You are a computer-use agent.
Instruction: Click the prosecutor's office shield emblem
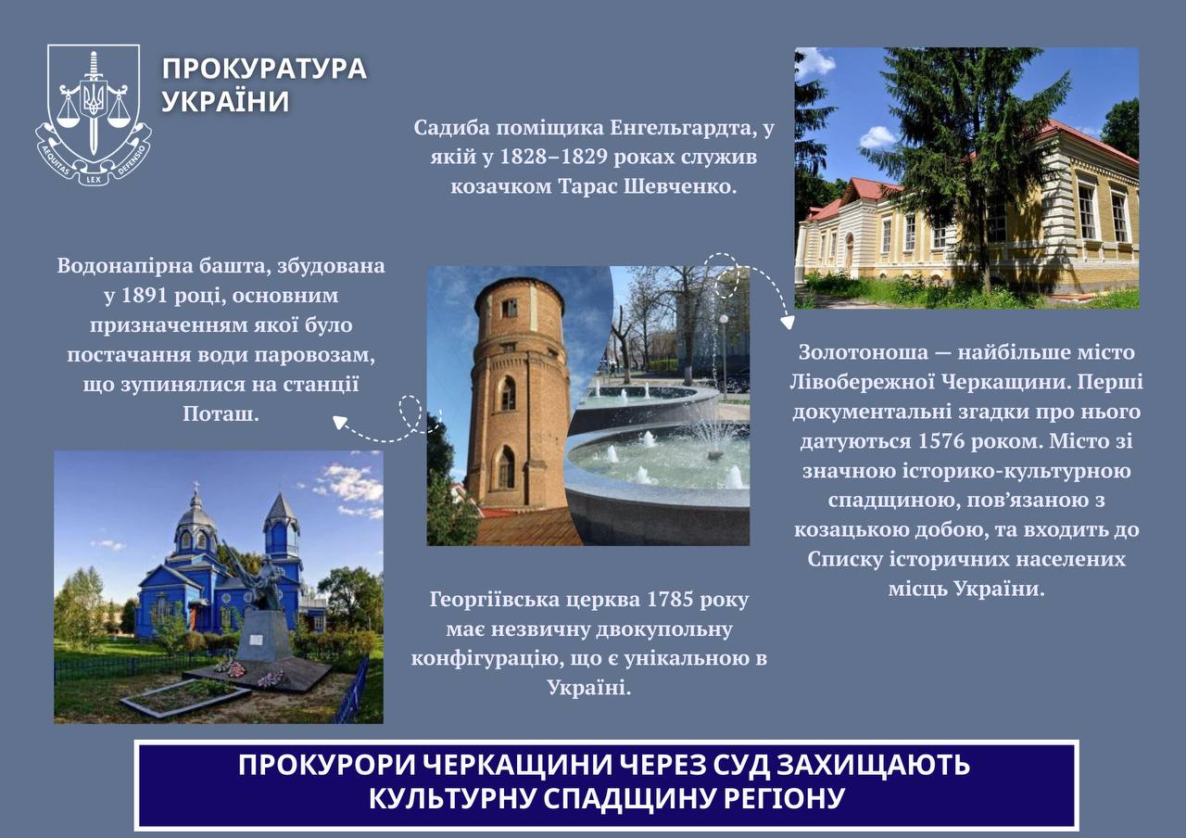[x=94, y=114]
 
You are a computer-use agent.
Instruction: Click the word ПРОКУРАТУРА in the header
[x=264, y=69]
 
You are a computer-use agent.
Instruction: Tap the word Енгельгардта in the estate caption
[x=683, y=128]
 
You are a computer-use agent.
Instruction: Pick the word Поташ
[x=221, y=413]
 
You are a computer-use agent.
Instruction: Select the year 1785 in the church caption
[x=670, y=599]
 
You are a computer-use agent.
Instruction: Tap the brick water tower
[x=517, y=395]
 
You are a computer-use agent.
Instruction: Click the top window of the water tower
[x=510, y=308]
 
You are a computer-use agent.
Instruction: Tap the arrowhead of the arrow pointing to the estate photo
[x=788, y=322]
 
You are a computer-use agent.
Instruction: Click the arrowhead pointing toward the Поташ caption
[x=339, y=422]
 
